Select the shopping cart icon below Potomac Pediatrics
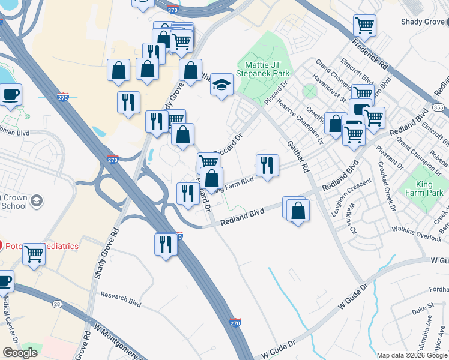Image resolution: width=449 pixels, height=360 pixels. [x=34, y=254]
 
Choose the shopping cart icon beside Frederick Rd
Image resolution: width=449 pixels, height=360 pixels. [x=364, y=26]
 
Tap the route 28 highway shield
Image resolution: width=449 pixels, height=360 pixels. [x=56, y=305]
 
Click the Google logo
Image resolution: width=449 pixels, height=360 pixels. [x=20, y=353]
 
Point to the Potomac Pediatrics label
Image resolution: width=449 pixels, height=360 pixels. [x=43, y=246]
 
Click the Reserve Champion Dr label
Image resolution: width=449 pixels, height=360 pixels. [x=303, y=122]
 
